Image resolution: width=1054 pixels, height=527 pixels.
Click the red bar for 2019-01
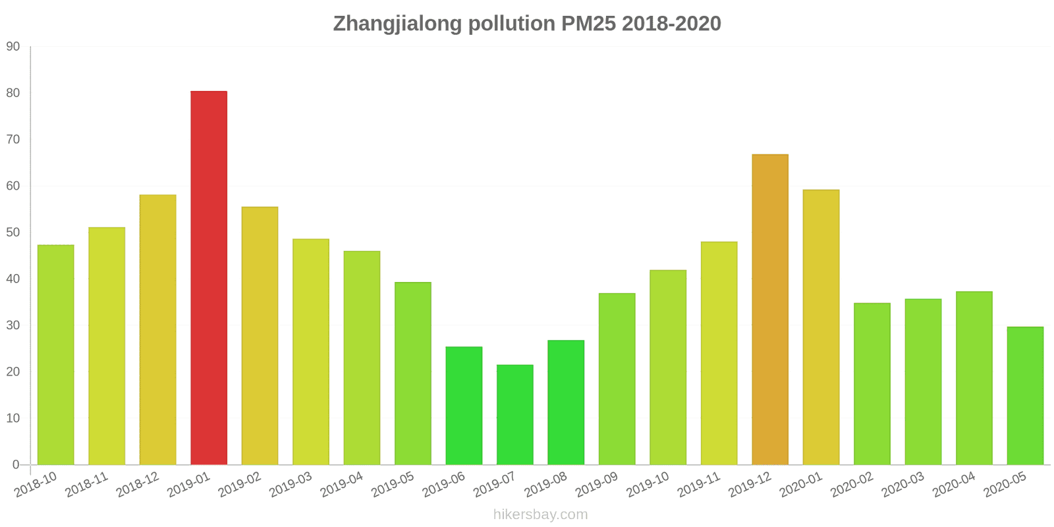click(x=209, y=278)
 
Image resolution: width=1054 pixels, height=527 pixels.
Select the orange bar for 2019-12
click(x=770, y=310)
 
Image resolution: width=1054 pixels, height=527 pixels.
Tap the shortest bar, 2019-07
click(x=515, y=415)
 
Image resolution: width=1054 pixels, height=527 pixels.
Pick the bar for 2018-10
click(x=56, y=355)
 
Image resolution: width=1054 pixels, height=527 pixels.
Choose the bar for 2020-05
click(x=1025, y=396)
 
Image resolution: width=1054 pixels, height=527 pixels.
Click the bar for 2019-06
click(x=464, y=406)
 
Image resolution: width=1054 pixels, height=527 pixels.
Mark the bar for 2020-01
click(x=821, y=327)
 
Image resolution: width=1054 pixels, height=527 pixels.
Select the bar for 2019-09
click(x=617, y=379)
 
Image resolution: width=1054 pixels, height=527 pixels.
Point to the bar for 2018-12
click(x=158, y=329)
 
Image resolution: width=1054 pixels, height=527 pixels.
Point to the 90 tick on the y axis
click(x=13, y=47)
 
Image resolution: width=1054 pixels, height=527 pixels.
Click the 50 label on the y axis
click(x=13, y=233)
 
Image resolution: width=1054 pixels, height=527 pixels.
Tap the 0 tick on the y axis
click(x=16, y=465)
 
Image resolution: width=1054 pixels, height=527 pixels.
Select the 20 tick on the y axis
click(x=13, y=372)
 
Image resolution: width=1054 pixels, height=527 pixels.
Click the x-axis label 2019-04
click(x=342, y=485)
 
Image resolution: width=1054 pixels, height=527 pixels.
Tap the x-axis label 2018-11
click(x=87, y=485)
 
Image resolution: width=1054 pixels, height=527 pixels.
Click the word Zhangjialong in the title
click(x=397, y=24)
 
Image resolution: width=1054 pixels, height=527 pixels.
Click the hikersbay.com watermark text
click(x=540, y=514)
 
